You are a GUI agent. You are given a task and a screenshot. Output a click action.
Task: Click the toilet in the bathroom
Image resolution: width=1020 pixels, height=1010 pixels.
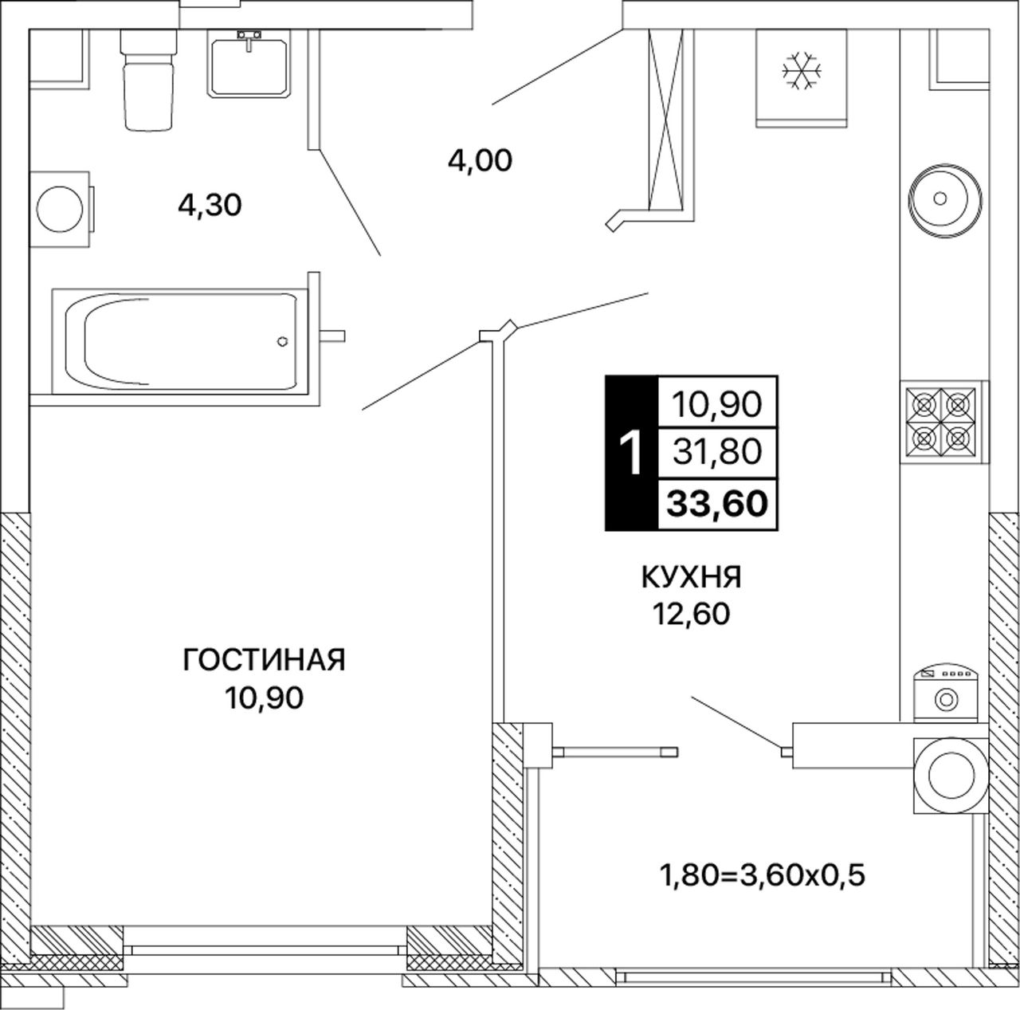147,80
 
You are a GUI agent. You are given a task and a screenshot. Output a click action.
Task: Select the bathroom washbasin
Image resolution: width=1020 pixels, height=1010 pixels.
249,64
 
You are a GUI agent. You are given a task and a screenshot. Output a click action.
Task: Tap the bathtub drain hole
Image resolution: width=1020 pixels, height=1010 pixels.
282,342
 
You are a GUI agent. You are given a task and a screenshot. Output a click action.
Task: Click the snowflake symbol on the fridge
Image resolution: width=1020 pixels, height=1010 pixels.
802,70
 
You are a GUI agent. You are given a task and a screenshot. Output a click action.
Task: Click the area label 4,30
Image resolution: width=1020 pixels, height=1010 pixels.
210,206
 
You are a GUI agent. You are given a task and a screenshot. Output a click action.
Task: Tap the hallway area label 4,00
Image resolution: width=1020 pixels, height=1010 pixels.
480,160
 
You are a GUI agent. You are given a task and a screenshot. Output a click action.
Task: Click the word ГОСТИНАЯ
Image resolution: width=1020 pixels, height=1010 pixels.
264,660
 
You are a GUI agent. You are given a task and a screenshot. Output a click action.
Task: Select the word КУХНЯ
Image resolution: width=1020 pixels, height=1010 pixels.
692,577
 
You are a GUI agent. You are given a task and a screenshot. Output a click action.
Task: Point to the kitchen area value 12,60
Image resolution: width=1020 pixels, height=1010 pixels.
692,615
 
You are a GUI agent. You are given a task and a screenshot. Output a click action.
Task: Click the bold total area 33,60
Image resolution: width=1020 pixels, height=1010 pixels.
717,503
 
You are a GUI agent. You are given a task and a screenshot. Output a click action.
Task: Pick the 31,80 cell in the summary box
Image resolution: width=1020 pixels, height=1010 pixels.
717,452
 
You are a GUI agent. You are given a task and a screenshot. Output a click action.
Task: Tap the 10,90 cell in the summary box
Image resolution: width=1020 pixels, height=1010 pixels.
717,405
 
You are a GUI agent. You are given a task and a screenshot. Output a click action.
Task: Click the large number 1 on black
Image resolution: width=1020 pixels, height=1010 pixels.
631,453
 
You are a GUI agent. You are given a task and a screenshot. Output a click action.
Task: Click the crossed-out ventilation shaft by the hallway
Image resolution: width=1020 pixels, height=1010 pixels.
666,119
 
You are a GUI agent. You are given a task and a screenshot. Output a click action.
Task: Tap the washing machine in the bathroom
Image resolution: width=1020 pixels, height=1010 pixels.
60,209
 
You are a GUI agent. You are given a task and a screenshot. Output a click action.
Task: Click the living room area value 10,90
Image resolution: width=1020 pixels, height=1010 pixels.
264,698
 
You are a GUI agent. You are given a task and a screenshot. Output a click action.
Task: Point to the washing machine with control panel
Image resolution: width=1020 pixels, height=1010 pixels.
946,694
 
